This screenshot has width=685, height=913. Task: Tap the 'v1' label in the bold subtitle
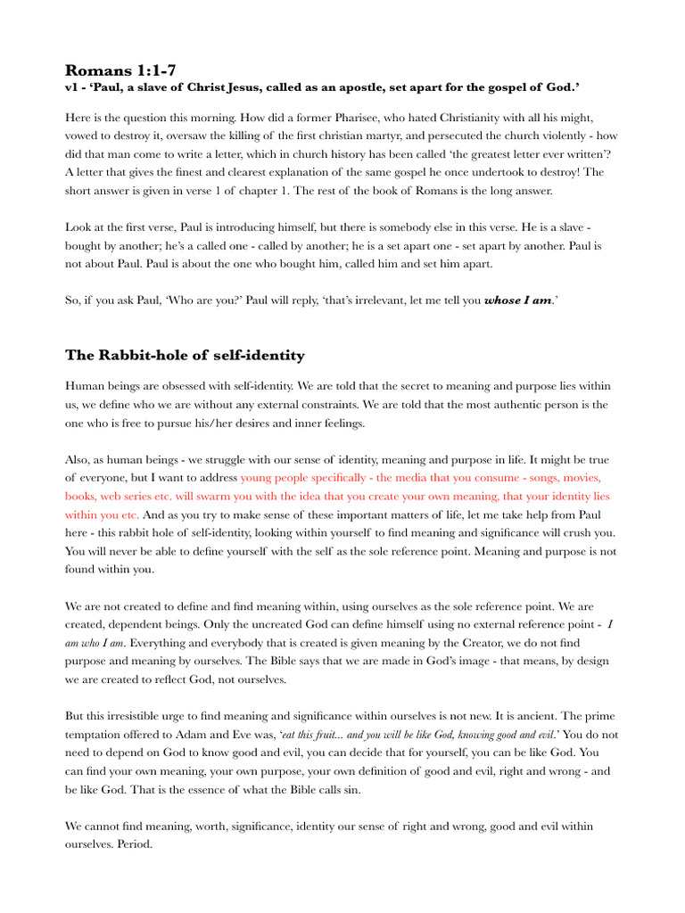tap(71, 88)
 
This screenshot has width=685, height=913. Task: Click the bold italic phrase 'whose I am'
tap(517, 301)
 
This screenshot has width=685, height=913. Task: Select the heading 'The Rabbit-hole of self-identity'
tap(185, 356)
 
